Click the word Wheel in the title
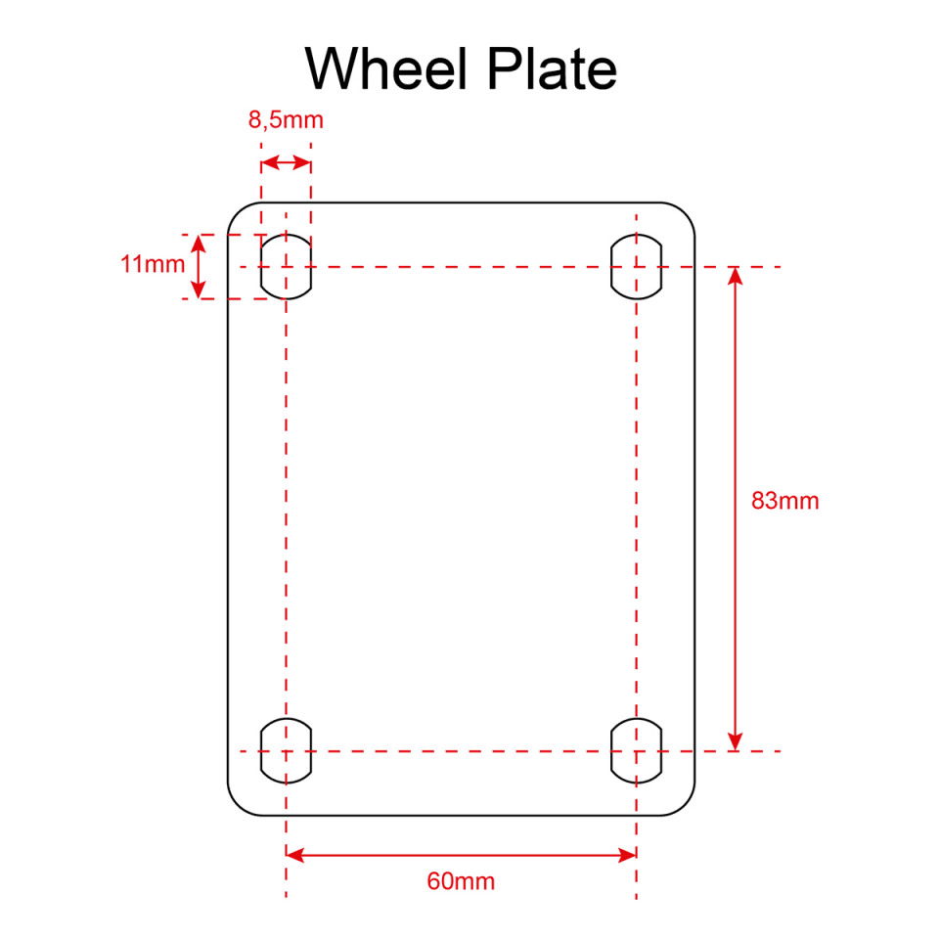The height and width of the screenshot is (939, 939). [x=386, y=68]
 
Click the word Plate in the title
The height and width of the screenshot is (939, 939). [x=552, y=68]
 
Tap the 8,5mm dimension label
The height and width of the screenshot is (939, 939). [x=287, y=119]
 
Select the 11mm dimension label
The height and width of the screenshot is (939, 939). [x=153, y=264]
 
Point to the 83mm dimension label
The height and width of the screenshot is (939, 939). [x=785, y=501]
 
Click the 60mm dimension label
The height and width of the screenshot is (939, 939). [x=461, y=881]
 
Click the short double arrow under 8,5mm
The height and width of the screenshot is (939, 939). [x=287, y=163]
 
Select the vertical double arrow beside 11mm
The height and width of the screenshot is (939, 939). [x=199, y=266]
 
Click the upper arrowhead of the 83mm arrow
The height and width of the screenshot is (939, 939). [x=736, y=276]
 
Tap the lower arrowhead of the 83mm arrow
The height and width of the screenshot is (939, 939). [x=736, y=741]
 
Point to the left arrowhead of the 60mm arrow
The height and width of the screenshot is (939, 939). [x=295, y=855]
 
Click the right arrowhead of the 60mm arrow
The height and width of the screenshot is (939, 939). [x=627, y=855]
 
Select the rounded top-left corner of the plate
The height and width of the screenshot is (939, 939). [x=239, y=213]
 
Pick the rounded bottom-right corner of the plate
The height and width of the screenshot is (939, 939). [x=685, y=805]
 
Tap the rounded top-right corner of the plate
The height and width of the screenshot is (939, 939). [x=685, y=213]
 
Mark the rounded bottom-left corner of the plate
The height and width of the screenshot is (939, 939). [x=239, y=805]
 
